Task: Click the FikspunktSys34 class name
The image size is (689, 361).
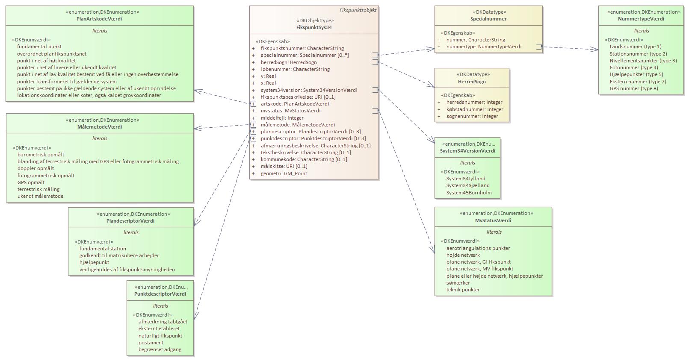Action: [314, 27]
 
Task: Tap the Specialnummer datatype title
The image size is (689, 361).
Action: [488, 19]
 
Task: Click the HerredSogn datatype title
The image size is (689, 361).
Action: [472, 82]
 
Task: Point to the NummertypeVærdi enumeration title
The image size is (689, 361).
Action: [641, 19]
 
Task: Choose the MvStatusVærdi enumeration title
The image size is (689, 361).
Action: [493, 220]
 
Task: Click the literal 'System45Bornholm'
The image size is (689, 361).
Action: [469, 193]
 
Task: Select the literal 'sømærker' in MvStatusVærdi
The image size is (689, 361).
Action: [458, 283]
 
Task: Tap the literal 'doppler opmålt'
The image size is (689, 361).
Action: [36, 168]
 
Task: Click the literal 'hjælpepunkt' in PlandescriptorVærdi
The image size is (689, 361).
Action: [94, 262]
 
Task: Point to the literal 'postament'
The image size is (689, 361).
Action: [151, 343]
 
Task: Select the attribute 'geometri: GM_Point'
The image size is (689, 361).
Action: [284, 173]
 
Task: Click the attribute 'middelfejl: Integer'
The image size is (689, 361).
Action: [282, 118]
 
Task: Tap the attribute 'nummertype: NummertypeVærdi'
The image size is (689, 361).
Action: [484, 47]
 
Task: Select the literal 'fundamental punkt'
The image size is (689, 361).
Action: [39, 47]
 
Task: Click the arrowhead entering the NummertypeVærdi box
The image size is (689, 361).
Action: [595, 50]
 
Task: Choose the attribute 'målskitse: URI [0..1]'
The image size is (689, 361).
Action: [284, 166]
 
